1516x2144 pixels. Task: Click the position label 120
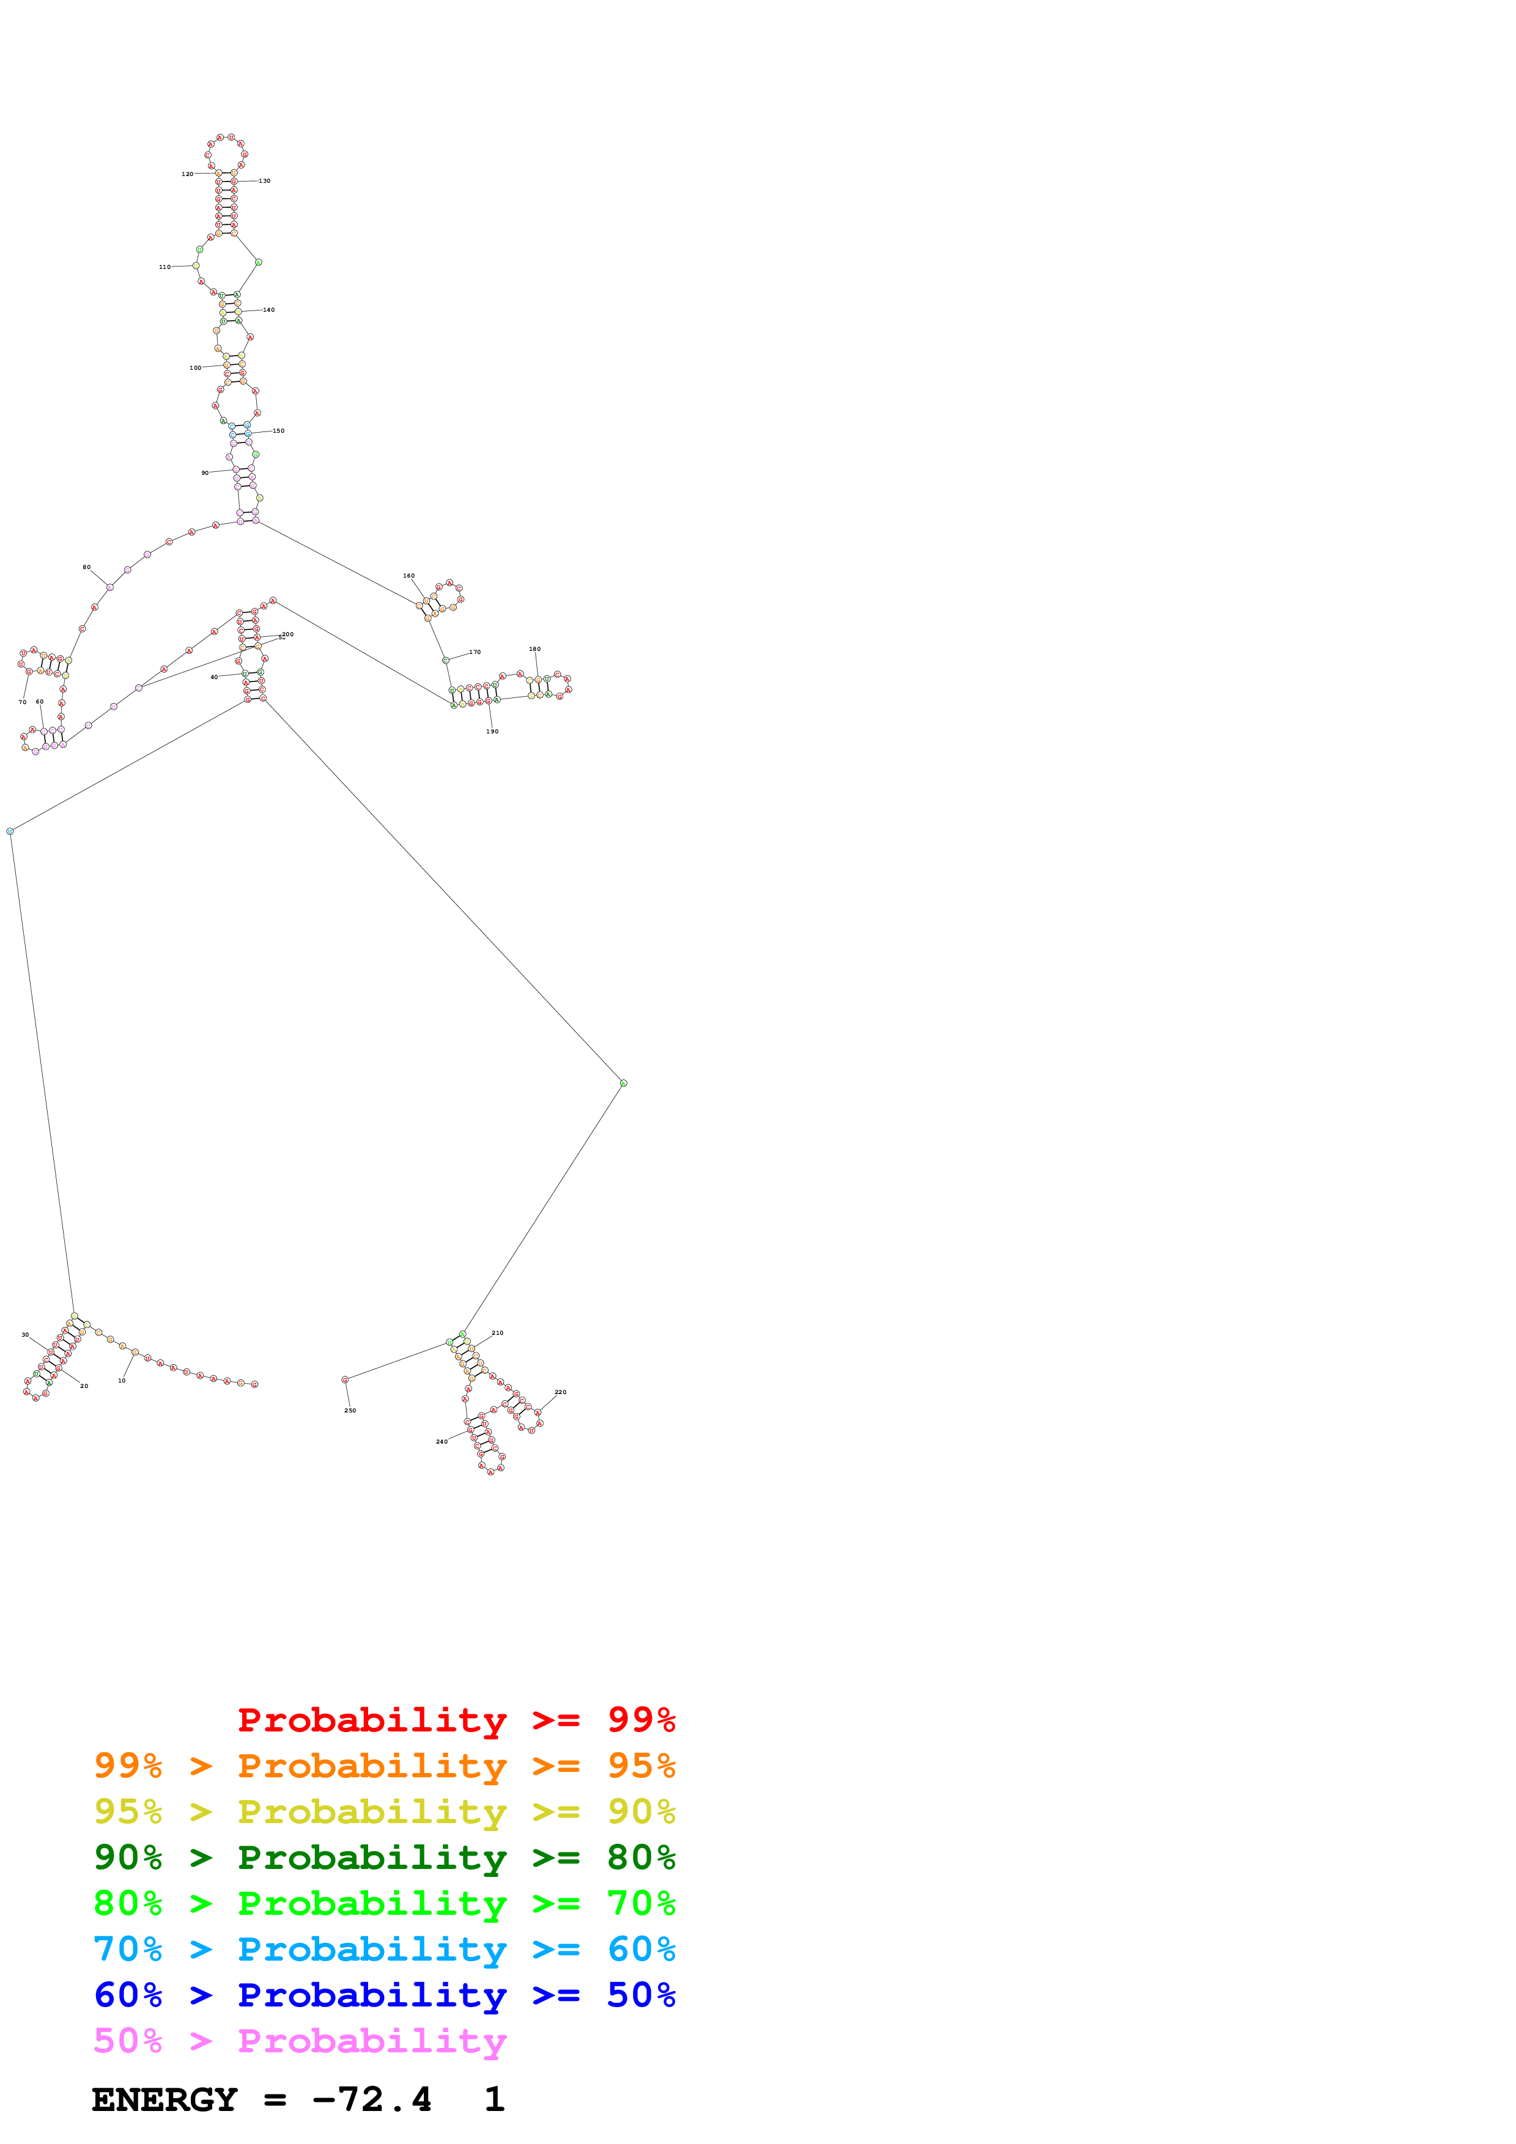point(187,174)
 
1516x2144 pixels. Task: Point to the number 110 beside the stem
point(165,267)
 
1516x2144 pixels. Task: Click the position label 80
point(87,567)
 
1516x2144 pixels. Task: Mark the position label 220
point(560,1392)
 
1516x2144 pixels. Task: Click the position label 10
point(122,1380)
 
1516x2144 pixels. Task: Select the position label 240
point(442,1441)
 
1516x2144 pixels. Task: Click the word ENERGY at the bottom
point(165,2100)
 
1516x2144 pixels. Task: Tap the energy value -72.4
point(372,2100)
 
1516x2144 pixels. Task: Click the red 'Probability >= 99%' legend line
point(456,1719)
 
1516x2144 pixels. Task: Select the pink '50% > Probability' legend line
point(300,2041)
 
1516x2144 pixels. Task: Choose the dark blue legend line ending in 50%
point(384,1995)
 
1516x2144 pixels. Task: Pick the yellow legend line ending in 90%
point(384,1812)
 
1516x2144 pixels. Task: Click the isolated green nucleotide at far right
point(623,1083)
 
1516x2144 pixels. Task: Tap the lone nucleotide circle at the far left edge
point(10,831)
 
